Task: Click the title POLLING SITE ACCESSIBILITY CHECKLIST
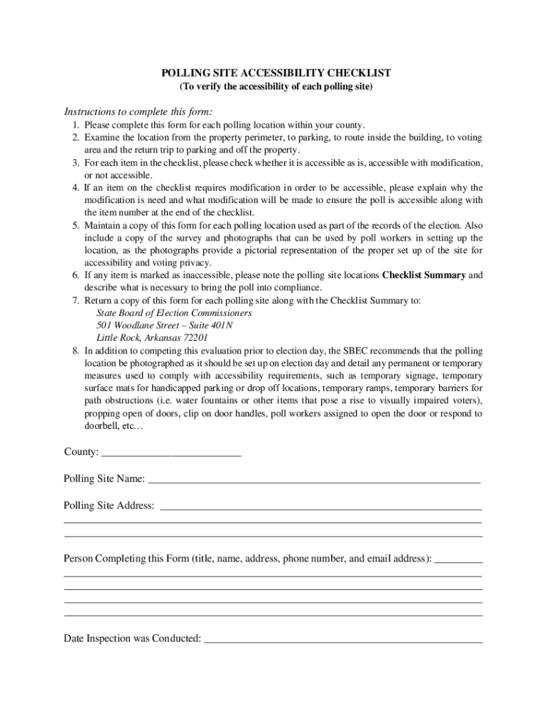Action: [x=276, y=73]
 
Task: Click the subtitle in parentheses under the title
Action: [x=276, y=87]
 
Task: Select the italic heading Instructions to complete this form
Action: [x=138, y=111]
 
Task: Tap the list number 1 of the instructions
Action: [x=75, y=125]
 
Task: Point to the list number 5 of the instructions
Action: [x=75, y=226]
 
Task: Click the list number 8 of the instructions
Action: [x=75, y=351]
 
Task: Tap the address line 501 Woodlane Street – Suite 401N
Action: [x=164, y=325]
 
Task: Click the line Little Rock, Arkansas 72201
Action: [x=152, y=338]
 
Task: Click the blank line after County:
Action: [x=171, y=452]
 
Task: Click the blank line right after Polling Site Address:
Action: [x=321, y=506]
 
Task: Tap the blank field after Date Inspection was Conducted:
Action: [x=343, y=638]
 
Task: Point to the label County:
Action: [x=81, y=452]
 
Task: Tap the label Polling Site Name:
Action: [x=104, y=479]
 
